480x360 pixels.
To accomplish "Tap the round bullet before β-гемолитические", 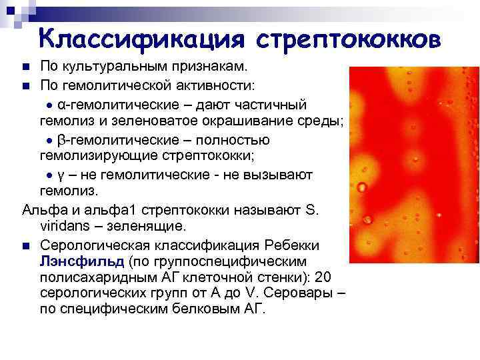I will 49,141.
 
